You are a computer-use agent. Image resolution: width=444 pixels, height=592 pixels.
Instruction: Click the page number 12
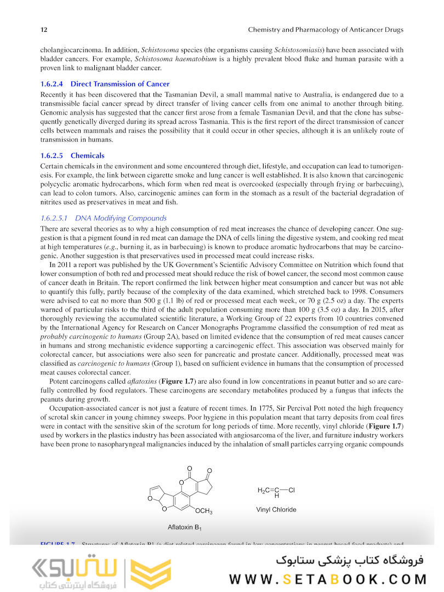pyautogui.click(x=43, y=29)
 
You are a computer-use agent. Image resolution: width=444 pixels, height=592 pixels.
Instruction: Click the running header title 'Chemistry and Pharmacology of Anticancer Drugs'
pyautogui.click(x=326, y=29)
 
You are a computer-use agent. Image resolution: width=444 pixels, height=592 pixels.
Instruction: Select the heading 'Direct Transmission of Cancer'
pyautogui.click(x=120, y=84)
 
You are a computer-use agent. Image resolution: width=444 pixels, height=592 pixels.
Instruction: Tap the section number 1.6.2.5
pyautogui.click(x=52, y=156)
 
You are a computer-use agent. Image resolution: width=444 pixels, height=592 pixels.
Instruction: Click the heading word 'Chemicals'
pyautogui.click(x=87, y=156)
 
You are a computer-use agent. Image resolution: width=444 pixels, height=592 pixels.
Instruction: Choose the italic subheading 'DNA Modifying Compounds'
pyautogui.click(x=121, y=218)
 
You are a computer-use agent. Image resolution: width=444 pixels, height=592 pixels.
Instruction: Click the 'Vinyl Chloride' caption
pyautogui.click(x=276, y=510)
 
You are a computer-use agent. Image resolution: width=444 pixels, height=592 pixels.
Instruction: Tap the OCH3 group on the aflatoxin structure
pyautogui.click(x=203, y=511)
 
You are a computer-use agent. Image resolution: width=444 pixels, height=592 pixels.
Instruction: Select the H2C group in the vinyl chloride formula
pyautogui.click(x=263, y=490)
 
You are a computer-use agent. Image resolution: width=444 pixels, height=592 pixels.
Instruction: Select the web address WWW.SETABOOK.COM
pyautogui.click(x=328, y=579)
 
